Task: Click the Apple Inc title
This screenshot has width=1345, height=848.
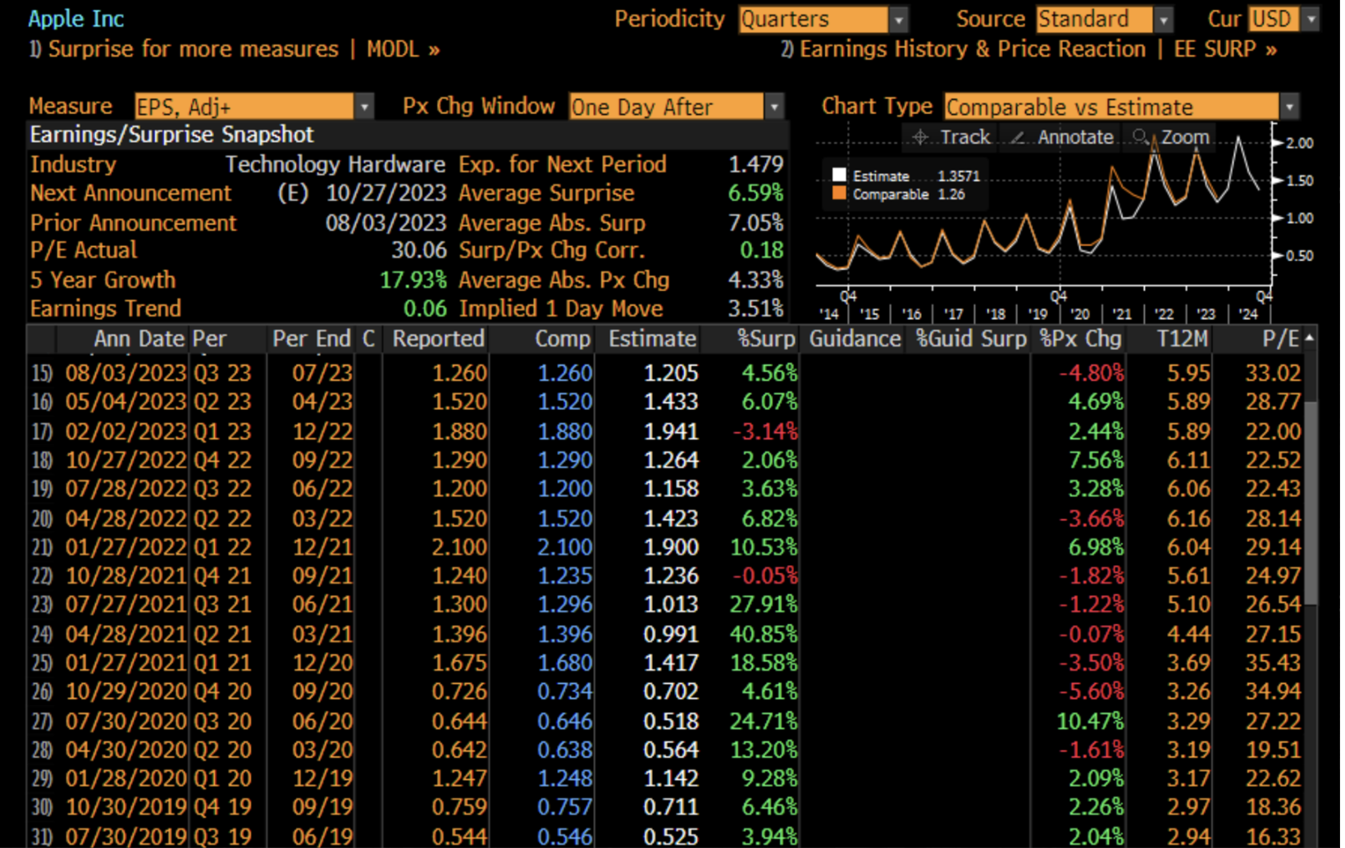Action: (x=76, y=18)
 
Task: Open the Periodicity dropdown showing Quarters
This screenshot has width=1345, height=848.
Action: (x=823, y=19)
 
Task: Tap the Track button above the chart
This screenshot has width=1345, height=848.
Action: (x=953, y=137)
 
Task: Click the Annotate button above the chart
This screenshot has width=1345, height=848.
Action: (x=1064, y=137)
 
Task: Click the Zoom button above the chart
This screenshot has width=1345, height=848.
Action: (x=1173, y=137)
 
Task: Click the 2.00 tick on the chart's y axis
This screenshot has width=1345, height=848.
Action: (x=1299, y=143)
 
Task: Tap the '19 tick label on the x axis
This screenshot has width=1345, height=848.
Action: (x=1037, y=314)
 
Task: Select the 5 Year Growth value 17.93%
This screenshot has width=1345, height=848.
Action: (x=413, y=280)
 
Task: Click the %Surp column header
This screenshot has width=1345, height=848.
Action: (x=766, y=339)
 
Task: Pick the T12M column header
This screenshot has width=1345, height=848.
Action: (x=1182, y=339)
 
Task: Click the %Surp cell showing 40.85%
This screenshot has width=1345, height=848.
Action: (x=763, y=634)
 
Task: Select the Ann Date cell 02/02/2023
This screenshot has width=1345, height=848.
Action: (x=125, y=431)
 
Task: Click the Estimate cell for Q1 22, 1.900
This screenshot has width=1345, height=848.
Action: (x=671, y=547)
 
